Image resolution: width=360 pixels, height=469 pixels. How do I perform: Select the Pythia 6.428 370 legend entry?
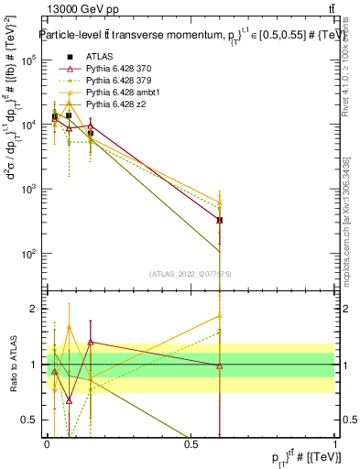click(x=119, y=70)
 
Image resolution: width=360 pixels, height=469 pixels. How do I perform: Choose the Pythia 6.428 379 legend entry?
click(x=119, y=82)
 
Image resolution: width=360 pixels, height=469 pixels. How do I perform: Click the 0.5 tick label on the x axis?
click(x=191, y=445)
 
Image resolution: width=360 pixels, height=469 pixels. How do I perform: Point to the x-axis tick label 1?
click(x=334, y=445)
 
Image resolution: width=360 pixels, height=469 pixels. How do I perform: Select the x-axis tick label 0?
click(x=47, y=445)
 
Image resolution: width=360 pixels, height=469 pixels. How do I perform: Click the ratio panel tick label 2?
click(x=35, y=309)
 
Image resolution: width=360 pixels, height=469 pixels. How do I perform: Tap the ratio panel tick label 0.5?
click(x=32, y=420)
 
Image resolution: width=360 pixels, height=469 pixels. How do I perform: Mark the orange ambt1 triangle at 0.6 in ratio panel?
click(x=219, y=316)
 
